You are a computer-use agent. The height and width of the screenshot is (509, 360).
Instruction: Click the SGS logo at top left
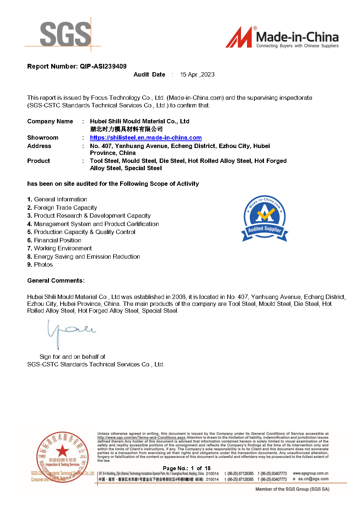pyautogui.click(x=65, y=34)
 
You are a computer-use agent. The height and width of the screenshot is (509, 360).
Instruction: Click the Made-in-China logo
pyautogui.click(x=282, y=38)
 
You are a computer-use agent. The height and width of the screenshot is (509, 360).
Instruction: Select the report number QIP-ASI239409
pyautogui.click(x=103, y=66)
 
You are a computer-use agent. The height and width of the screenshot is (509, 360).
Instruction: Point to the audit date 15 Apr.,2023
pyautogui.click(x=197, y=75)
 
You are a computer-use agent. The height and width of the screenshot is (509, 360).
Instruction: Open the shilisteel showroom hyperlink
pyautogui.click(x=146, y=138)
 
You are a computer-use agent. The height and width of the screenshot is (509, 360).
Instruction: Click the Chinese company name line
pyautogui.click(x=126, y=129)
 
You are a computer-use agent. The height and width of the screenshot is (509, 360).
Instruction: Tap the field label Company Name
pyautogui.click(x=50, y=122)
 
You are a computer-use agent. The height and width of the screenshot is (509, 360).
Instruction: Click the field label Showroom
pyautogui.click(x=43, y=138)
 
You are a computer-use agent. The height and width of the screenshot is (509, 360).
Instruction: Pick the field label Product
pyautogui.click(x=38, y=161)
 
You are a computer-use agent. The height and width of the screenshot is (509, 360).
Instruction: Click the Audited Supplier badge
pyautogui.click(x=265, y=219)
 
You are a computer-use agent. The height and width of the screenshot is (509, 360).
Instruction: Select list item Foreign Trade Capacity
pyautogui.click(x=65, y=208)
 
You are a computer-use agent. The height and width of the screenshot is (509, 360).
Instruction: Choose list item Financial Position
pyautogui.click(x=57, y=241)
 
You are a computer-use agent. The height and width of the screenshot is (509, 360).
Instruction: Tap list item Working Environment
pyautogui.click(x=63, y=249)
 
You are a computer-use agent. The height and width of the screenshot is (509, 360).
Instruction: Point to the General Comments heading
pyautogui.click(x=56, y=281)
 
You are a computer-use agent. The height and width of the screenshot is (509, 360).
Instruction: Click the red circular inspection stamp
pyautogui.click(x=62, y=457)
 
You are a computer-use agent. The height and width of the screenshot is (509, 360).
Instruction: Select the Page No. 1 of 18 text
pyautogui.click(x=187, y=468)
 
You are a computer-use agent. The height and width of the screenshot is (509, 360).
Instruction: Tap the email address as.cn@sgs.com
pyautogui.click(x=313, y=479)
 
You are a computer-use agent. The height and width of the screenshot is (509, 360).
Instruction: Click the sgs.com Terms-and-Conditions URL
pyautogui.click(x=141, y=438)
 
